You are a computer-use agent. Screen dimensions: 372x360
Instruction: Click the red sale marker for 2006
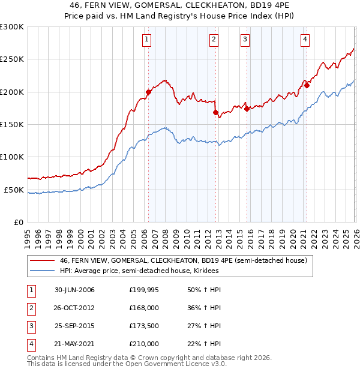pyautogui.click(x=148, y=92)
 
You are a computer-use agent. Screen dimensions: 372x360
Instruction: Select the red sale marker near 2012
pyautogui.click(x=215, y=112)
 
